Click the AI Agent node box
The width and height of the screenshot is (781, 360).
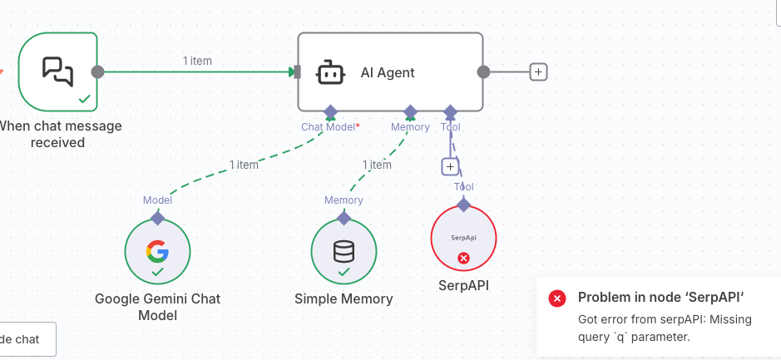(x=390, y=72)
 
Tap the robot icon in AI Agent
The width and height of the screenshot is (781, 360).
(x=330, y=72)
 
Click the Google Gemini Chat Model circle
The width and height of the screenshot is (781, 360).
(x=157, y=252)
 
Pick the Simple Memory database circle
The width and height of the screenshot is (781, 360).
(x=344, y=252)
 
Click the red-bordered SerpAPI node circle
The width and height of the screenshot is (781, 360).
(x=463, y=239)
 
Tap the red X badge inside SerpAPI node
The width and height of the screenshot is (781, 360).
(x=464, y=258)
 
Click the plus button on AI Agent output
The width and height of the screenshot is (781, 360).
(x=538, y=72)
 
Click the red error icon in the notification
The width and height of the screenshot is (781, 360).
(x=557, y=298)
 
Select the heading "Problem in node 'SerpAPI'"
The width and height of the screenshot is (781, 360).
(x=661, y=298)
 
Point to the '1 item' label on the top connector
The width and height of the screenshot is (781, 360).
(x=198, y=61)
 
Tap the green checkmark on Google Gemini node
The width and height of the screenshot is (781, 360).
(x=157, y=272)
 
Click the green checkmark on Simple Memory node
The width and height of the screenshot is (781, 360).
(x=344, y=272)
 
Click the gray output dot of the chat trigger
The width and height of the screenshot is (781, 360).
(x=97, y=72)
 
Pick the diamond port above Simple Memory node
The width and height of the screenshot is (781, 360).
(x=344, y=218)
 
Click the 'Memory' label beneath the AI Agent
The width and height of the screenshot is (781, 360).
(x=410, y=127)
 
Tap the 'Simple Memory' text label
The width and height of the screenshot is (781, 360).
(x=344, y=298)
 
